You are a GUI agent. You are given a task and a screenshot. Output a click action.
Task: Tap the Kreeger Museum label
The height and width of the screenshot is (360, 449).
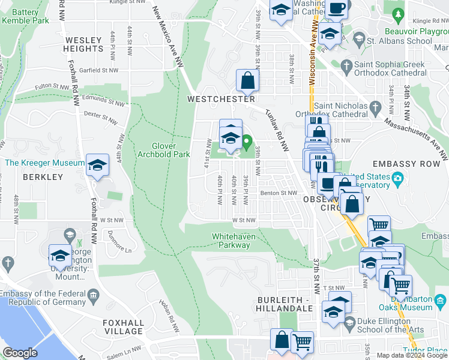click(x=45, y=163)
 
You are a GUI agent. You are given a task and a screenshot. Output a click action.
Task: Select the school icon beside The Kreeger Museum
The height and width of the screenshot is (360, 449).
click(x=97, y=165)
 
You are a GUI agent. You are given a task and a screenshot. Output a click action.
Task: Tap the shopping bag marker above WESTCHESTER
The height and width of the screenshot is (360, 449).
click(x=247, y=79)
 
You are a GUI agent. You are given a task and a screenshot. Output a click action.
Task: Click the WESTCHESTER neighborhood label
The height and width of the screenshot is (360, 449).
click(x=221, y=98)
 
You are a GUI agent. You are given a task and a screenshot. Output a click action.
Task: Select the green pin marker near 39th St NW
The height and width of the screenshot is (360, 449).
click(x=247, y=143)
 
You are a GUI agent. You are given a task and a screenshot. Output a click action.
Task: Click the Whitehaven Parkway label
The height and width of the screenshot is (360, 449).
click(x=234, y=241)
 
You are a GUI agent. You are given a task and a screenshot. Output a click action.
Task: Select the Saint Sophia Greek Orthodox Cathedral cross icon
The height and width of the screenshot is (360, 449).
click(x=346, y=65)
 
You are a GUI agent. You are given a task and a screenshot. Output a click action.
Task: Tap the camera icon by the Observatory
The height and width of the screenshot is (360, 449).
click(x=397, y=179)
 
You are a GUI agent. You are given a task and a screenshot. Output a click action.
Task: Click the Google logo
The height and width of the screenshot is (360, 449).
click(x=20, y=353)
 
